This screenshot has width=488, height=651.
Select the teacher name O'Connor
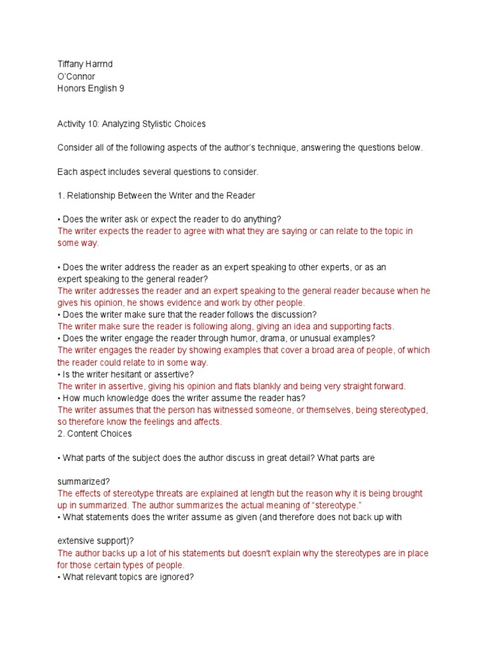pyautogui.click(x=76, y=77)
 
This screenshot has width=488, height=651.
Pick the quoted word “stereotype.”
pyautogui.click(x=333, y=505)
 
